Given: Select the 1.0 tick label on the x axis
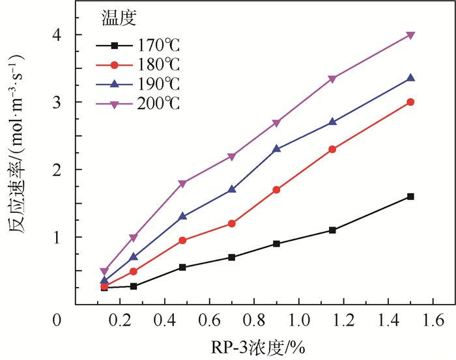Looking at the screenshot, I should pos(298,320).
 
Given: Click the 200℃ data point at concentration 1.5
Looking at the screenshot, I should pos(410,35).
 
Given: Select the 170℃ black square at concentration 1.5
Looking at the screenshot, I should pos(410,196).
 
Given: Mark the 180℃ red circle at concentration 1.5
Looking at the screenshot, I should pos(410,102).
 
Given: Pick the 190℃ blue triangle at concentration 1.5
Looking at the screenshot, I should pos(410,78).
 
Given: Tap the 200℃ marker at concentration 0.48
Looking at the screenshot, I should pos(182,184).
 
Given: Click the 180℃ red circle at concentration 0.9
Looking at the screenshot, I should pos(277,190).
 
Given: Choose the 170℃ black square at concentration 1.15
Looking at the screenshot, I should pos(333,230).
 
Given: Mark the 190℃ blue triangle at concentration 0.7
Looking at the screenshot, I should pos(232,189).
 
